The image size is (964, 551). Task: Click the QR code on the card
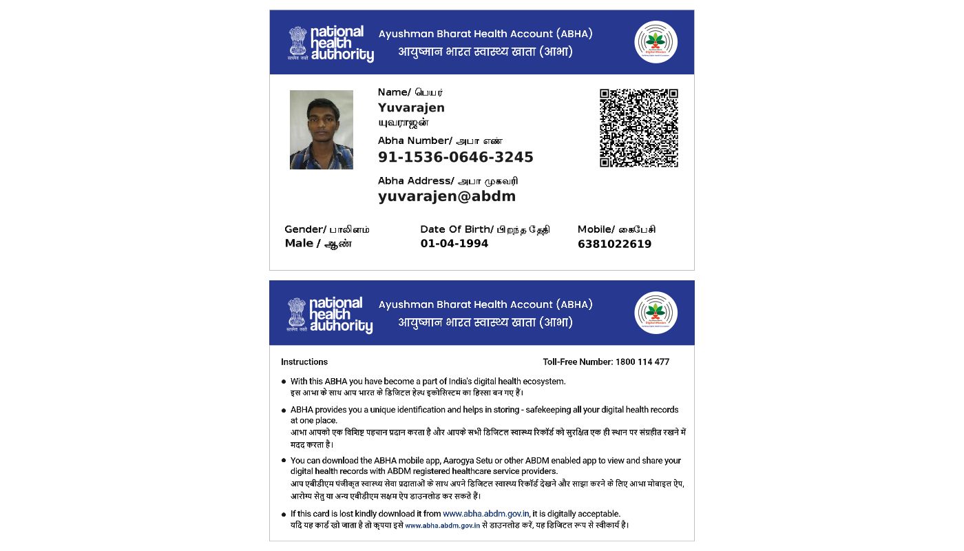[638, 128]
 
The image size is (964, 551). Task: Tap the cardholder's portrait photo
[321, 129]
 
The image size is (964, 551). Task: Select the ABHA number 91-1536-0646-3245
[455, 157]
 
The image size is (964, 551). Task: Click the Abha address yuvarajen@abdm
[446, 196]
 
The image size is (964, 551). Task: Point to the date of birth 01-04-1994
[454, 244]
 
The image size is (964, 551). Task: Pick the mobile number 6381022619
[614, 244]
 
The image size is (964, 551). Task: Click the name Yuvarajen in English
[411, 107]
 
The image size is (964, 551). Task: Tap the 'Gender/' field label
[305, 229]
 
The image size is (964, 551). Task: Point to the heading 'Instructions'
[304, 362]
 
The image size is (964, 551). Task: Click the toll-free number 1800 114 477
[642, 362]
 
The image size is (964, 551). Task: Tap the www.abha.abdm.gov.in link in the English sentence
[485, 514]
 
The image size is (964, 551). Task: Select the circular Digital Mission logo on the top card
[656, 42]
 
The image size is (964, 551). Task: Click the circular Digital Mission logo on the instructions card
[656, 313]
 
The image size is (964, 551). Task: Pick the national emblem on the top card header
[297, 43]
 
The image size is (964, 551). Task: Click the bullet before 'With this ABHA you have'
[284, 382]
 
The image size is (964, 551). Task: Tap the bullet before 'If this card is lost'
[284, 514]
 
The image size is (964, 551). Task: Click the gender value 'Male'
[299, 244]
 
